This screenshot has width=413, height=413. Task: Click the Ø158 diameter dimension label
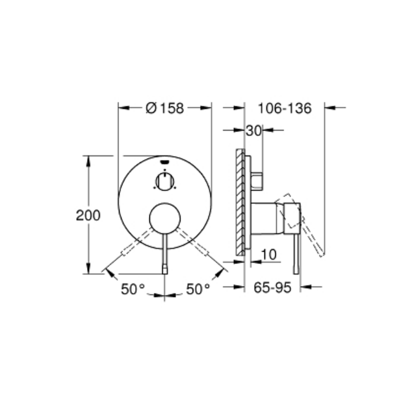[x=165, y=108]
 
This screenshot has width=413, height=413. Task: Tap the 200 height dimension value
[x=88, y=215]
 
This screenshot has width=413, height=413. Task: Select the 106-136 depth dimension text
[x=285, y=108]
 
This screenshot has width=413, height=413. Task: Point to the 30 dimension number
[x=254, y=131]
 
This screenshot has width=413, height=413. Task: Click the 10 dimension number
[x=269, y=254]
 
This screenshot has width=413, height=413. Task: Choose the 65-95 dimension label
[x=273, y=287]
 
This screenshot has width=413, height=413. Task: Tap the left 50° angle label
[x=133, y=289]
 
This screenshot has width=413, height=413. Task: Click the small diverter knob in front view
[x=165, y=181]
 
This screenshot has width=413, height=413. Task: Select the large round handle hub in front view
[x=165, y=218]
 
